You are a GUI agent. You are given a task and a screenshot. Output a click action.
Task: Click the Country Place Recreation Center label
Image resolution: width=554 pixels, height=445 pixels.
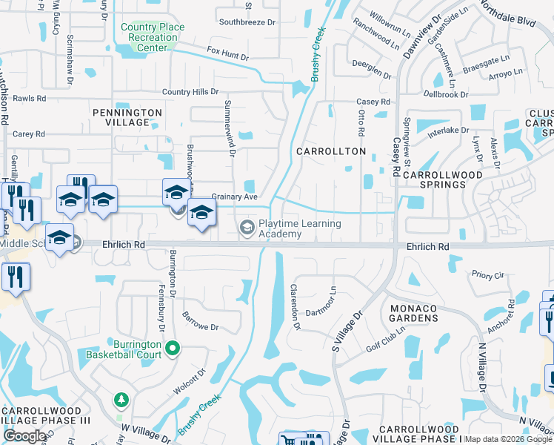click(152, 38)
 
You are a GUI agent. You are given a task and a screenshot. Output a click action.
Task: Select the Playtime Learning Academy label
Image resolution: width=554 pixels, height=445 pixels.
click(299, 228)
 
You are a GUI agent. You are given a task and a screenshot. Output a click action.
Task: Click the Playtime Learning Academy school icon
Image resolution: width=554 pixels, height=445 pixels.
click(247, 228)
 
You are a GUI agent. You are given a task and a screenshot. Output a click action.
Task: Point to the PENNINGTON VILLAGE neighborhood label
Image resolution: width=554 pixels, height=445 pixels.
click(127, 117)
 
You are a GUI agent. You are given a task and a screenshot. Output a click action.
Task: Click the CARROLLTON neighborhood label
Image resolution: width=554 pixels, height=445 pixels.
click(331, 151)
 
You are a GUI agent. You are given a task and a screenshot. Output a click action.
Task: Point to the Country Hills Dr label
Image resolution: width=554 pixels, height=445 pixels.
click(191, 92)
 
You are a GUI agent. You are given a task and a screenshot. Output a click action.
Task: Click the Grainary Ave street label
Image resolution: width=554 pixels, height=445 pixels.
click(234, 197)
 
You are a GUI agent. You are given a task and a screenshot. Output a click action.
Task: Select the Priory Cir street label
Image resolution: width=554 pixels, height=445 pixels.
click(487, 275)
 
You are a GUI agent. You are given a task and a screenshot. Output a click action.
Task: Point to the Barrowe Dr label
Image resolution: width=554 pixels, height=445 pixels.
click(201, 327)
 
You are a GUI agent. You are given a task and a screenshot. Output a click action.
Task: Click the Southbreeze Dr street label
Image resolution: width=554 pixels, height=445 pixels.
click(247, 22)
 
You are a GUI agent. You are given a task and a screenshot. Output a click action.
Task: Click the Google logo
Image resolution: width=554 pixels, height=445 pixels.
click(24, 436)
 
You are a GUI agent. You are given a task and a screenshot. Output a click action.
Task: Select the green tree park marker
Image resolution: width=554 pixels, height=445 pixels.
click(121, 400)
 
